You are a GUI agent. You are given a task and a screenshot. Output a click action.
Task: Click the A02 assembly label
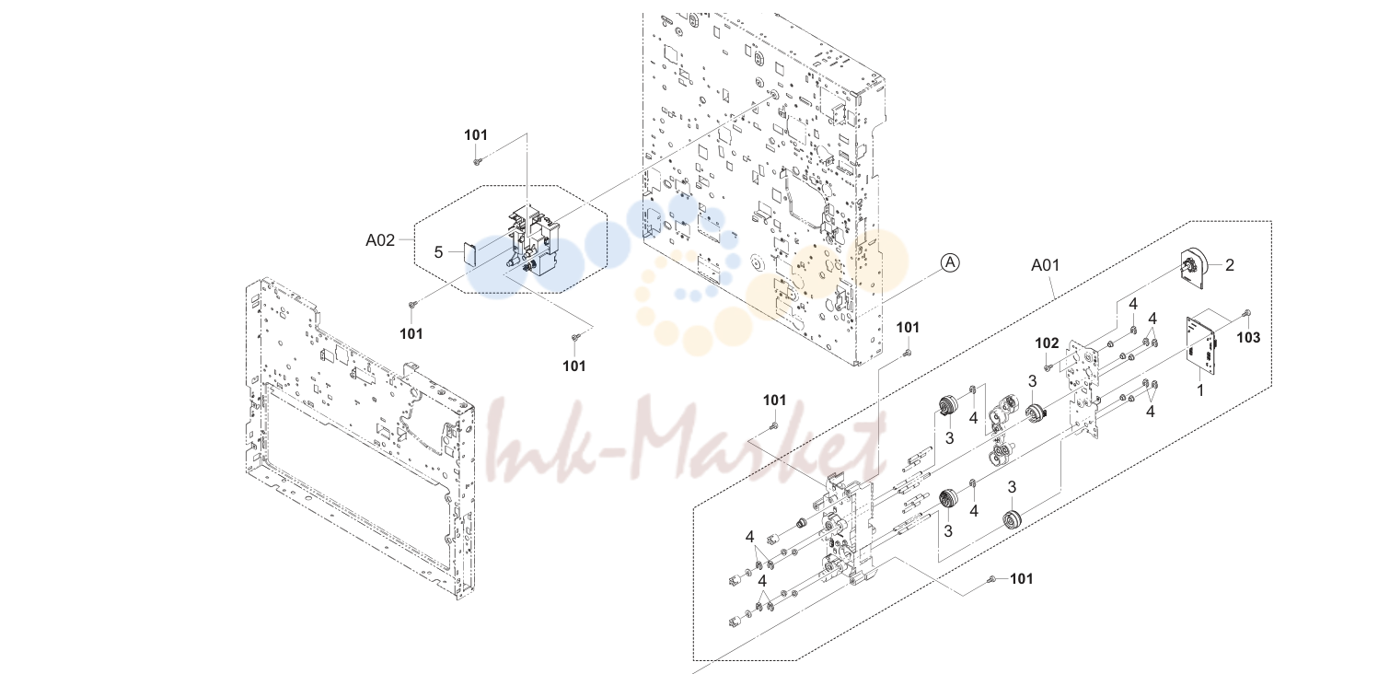379,240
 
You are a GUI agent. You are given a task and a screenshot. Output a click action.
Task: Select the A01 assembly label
1045,265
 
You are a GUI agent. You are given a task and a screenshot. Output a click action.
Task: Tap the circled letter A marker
951,262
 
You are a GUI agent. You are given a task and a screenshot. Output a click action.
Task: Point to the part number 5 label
438,251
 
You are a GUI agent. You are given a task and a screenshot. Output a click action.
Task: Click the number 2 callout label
1230,264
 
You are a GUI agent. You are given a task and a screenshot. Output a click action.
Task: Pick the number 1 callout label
1199,390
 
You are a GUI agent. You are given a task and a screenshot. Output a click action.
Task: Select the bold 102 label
1047,343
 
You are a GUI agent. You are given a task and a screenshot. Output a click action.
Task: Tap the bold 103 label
1248,337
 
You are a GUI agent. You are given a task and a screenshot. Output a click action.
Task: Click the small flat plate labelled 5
469,252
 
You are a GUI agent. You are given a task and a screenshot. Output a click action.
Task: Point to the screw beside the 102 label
1048,367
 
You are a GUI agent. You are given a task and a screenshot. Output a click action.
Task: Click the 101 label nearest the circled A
908,328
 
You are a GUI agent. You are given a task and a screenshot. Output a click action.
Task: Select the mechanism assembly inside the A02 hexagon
533,245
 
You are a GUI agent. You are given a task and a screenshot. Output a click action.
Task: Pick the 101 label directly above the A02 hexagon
476,134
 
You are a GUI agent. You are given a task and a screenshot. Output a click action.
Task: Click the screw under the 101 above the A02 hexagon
477,161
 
